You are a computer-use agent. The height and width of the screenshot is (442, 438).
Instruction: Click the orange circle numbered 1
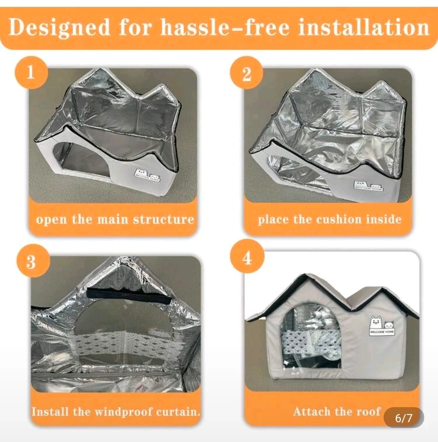tap(31, 73)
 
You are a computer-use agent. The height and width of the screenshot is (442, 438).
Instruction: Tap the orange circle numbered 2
tap(247, 73)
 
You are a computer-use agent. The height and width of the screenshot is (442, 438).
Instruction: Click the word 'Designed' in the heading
tap(59, 28)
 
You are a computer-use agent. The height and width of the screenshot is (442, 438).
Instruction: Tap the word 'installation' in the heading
tap(363, 27)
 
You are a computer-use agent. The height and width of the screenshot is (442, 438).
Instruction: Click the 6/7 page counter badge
tap(404, 418)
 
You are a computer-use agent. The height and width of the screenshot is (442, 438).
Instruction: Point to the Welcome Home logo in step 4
tap(382, 326)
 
